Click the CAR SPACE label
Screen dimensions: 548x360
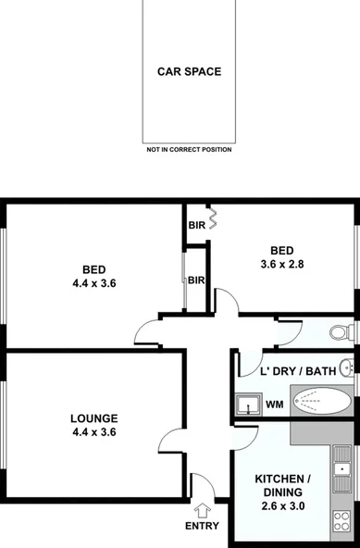(188, 71)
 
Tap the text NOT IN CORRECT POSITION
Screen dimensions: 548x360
(188, 149)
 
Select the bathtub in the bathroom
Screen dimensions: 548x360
(321, 403)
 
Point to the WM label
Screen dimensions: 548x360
(275, 404)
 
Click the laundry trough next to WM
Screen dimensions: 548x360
(247, 404)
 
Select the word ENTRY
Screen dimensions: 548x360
(202, 526)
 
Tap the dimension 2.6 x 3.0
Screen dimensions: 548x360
(283, 506)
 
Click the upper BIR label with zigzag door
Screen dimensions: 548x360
(196, 225)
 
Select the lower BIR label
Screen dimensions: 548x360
(196, 280)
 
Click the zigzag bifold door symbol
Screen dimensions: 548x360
(212, 219)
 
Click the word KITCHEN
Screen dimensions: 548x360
(284, 479)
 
